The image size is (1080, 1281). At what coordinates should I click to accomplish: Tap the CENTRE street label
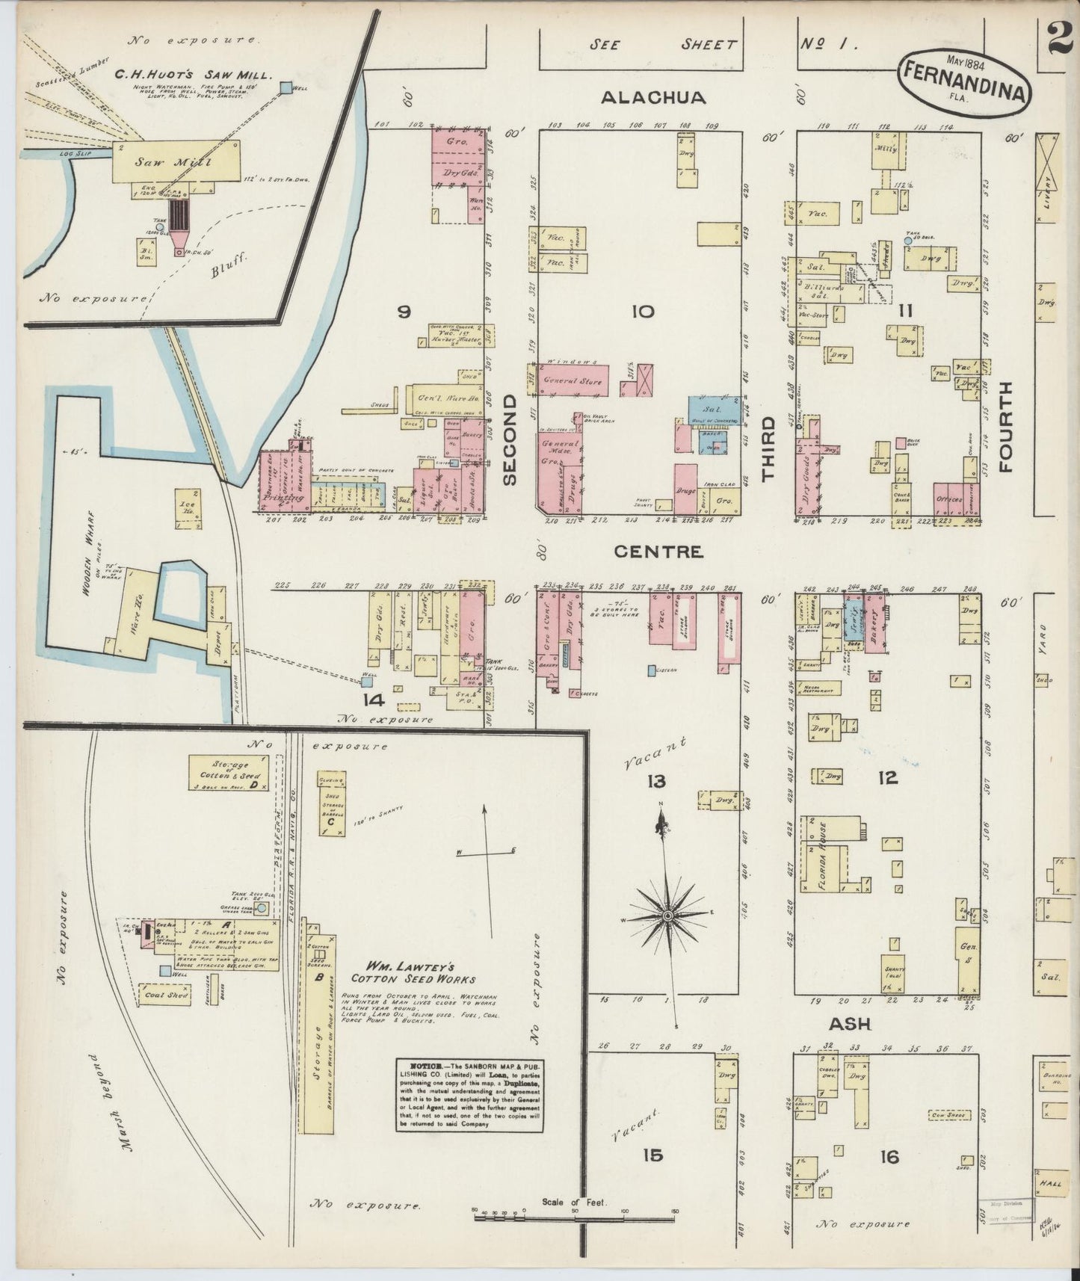point(658,552)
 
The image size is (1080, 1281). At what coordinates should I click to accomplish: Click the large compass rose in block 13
point(667,915)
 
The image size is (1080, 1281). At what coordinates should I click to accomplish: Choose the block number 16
point(889,1157)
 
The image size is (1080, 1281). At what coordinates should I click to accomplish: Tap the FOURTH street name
point(1004,427)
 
